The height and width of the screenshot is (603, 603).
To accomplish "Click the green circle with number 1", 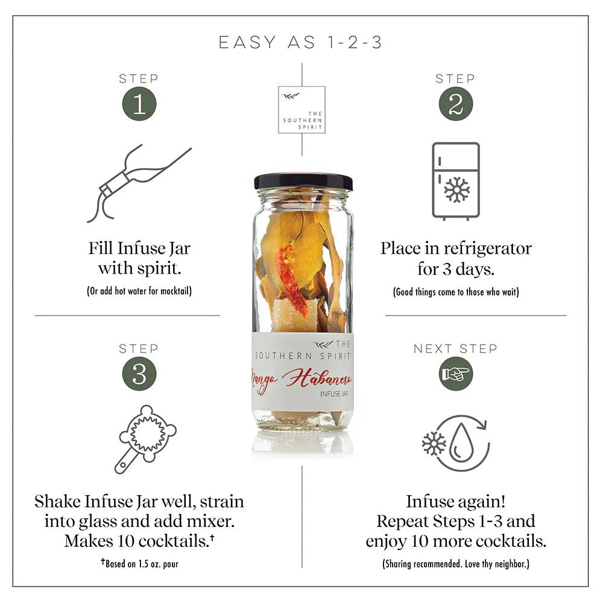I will (139, 104).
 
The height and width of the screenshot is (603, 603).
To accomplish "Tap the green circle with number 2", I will (455, 104).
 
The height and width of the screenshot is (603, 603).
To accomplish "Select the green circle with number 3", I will (139, 374).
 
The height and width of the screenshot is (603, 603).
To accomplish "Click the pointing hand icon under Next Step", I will (455, 374).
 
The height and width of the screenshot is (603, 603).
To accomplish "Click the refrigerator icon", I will (455, 181).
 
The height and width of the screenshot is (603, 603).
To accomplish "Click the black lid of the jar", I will (303, 182).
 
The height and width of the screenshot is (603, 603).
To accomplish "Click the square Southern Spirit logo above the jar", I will (301, 110).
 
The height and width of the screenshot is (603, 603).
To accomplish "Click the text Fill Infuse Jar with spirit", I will (139, 257).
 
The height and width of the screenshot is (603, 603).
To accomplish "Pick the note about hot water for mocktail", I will (139, 291).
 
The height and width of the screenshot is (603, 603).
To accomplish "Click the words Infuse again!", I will (455, 502).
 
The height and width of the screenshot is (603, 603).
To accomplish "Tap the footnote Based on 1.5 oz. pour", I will (139, 564).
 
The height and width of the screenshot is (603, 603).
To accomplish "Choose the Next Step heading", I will (455, 349).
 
